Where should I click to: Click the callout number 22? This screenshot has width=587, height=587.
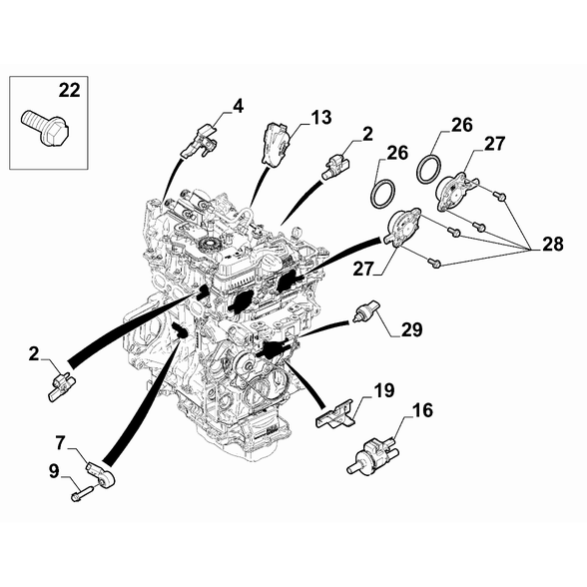coord(69,91)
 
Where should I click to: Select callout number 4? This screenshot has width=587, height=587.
coord(238,106)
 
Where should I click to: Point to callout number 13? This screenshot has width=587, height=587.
coord(320,117)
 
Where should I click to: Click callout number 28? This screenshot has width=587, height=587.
coord(552,244)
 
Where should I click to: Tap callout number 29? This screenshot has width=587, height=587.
coord(411,329)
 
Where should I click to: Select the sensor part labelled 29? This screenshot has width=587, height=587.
coord(365,311)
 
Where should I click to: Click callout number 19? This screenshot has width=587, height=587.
coord(383,390)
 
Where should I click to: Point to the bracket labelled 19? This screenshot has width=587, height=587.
coord(335,414)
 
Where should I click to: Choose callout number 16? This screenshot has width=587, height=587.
coord(422,410)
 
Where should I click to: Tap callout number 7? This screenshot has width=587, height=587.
coord(60,442)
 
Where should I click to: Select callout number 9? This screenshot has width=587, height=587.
coord(54,471)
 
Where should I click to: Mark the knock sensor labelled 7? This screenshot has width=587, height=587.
coord(102,473)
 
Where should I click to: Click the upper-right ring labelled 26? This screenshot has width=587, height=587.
coord(429,170)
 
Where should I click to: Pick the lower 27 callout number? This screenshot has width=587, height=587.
coord(363,269)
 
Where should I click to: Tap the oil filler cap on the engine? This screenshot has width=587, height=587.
coord(271,265)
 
